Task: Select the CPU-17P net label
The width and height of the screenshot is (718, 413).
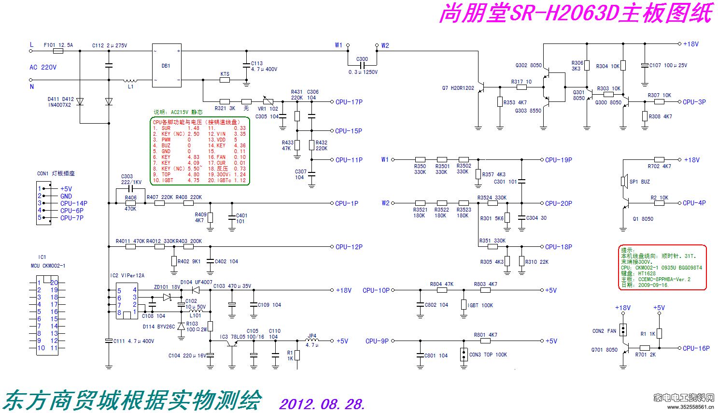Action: [x=349, y=102]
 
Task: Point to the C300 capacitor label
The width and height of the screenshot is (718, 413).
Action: [x=362, y=59]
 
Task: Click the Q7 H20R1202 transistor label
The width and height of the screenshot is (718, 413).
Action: [x=458, y=88]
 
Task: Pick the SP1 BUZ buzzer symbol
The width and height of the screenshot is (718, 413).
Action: [x=623, y=181]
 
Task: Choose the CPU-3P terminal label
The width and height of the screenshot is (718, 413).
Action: [x=694, y=102]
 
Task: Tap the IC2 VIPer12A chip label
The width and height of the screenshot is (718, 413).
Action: [x=127, y=275]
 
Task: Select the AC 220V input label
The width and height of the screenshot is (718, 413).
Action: [x=43, y=67]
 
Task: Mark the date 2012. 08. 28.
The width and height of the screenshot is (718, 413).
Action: [x=322, y=404]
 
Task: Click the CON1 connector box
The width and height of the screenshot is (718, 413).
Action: [x=44, y=203]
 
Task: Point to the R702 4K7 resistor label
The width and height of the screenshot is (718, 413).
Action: [x=659, y=166]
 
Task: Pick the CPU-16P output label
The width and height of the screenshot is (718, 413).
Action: [x=696, y=348]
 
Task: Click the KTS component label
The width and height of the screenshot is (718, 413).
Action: [x=225, y=74]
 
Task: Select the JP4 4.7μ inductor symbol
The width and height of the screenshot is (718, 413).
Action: [x=312, y=341]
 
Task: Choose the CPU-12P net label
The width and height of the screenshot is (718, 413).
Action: [x=349, y=247]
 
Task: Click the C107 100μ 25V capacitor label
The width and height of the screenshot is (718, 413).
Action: [x=668, y=65]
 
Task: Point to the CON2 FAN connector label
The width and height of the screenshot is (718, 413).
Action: [x=604, y=331]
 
